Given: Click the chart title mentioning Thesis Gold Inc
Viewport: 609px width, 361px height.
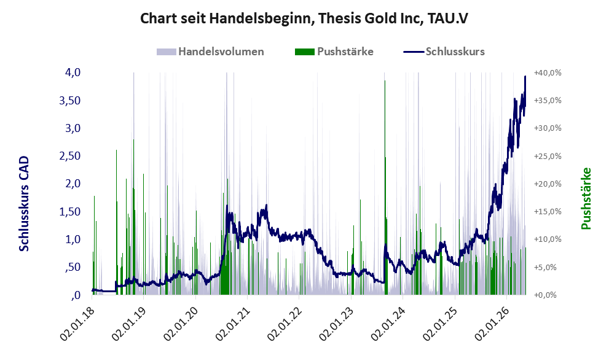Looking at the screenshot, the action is (304, 18).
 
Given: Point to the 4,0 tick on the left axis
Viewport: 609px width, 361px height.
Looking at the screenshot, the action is (73, 72).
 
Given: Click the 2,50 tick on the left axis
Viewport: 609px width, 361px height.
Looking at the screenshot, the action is (69, 156).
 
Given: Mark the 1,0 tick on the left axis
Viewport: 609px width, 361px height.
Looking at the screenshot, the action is (73, 239).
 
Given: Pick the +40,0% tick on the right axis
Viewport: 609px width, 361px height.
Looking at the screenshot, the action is (548, 72).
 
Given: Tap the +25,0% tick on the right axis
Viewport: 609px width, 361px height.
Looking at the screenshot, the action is (548, 156).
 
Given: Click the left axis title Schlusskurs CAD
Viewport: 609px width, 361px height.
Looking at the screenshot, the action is (24, 203).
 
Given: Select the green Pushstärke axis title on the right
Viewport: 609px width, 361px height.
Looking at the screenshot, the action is (586, 198).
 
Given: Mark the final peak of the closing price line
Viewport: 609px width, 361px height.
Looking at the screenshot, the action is (525, 77).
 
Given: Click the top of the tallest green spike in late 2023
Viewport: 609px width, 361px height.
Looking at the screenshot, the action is (385, 81).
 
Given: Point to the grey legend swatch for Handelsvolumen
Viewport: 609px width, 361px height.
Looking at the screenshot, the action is (167, 52).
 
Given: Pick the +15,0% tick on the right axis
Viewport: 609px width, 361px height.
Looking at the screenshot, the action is (548, 212).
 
